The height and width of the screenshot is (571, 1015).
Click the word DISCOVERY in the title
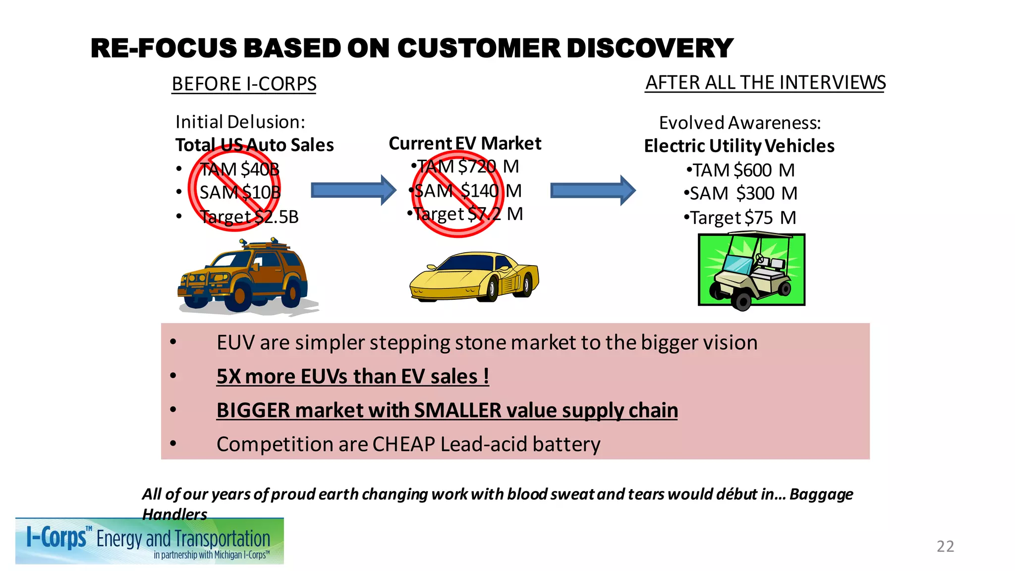pyautogui.click(x=649, y=49)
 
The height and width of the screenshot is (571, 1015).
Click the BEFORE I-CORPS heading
pyautogui.click(x=244, y=84)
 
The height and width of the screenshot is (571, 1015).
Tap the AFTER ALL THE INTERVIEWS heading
pyautogui.click(x=765, y=82)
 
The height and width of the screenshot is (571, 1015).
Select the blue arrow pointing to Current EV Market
pyautogui.click(x=353, y=190)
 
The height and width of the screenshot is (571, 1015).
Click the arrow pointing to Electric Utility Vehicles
pyautogui.click(x=593, y=190)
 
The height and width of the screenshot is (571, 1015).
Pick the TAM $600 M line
pyautogui.click(x=740, y=171)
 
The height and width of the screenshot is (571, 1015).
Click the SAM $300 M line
pyautogui.click(x=740, y=193)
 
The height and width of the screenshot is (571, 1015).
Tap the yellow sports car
pyautogui.click(x=474, y=276)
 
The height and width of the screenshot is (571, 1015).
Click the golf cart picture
pyautogui.click(x=751, y=271)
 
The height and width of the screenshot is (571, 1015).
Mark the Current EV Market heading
pyautogui.click(x=464, y=143)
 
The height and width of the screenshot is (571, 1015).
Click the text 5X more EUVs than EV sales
pyautogui.click(x=352, y=376)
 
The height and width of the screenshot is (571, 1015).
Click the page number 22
pyautogui.click(x=945, y=546)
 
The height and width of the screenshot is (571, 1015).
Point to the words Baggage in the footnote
pyautogui.click(x=821, y=494)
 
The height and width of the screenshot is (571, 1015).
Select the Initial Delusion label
pyautogui.click(x=240, y=122)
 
